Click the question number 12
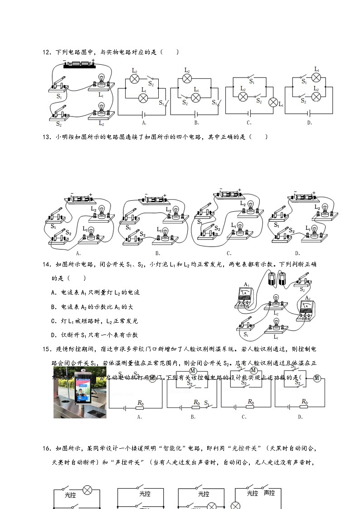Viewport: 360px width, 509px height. [46, 53]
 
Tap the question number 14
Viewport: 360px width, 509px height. [46, 265]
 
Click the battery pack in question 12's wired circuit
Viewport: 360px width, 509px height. [79, 65]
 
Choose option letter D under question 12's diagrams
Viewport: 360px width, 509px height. [310, 122]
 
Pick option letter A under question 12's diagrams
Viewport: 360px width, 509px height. [144, 122]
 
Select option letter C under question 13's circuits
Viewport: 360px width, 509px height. [229, 253]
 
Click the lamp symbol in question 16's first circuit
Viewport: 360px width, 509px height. [88, 490]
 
